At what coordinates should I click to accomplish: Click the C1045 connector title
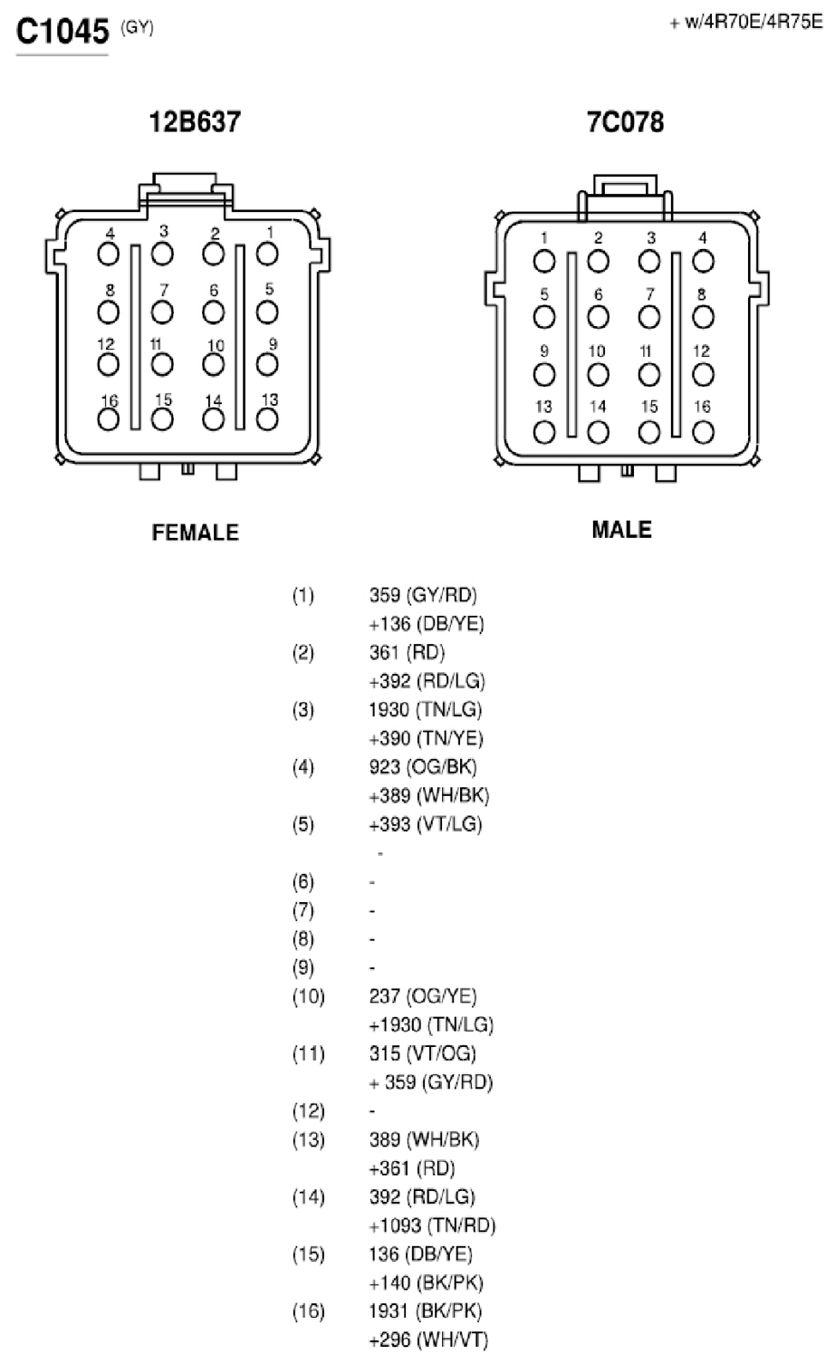click(x=62, y=31)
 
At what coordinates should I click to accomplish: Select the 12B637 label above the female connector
click(x=195, y=121)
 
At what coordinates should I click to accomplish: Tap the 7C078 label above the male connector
click(x=625, y=121)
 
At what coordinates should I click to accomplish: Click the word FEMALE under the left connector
click(x=195, y=533)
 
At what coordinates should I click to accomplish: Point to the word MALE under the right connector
click(x=622, y=530)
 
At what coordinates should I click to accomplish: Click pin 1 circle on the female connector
click(x=267, y=254)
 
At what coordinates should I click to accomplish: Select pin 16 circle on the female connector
click(x=109, y=419)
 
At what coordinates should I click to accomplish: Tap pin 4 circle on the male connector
click(x=703, y=262)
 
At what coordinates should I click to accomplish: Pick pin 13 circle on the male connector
click(x=544, y=433)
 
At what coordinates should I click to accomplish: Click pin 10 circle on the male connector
click(x=598, y=375)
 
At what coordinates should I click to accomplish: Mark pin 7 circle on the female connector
click(x=162, y=312)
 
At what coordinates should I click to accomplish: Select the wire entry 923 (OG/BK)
click(x=423, y=766)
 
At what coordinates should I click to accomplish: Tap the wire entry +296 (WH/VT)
click(x=428, y=1340)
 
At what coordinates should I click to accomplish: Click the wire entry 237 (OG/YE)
click(x=423, y=996)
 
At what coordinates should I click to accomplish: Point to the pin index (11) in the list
click(x=308, y=1053)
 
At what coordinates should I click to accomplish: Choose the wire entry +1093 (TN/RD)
click(x=432, y=1225)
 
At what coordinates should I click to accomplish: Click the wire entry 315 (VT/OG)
click(x=423, y=1053)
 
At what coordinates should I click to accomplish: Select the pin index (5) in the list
click(x=303, y=824)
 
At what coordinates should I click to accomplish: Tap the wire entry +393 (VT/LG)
click(x=426, y=824)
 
